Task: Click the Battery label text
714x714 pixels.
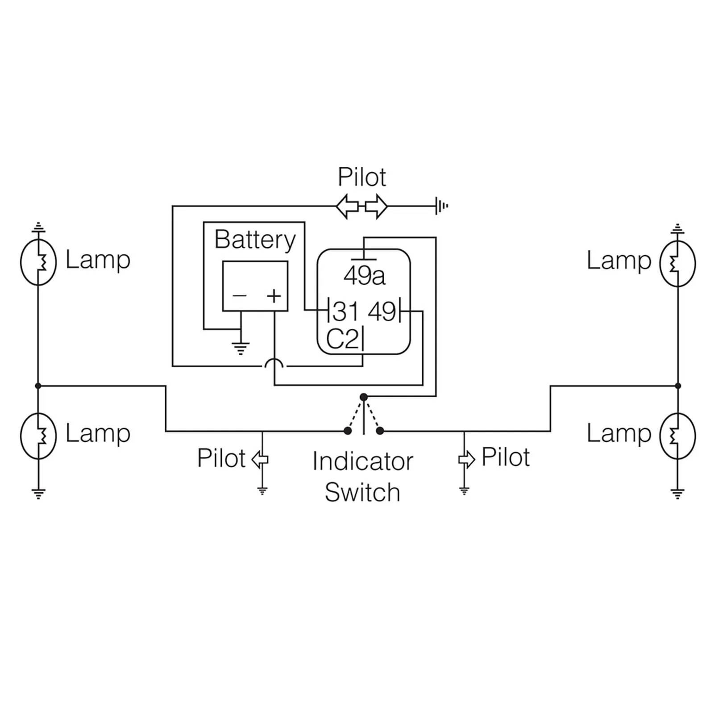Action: pos(255,241)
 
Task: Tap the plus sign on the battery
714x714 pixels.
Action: pos(274,296)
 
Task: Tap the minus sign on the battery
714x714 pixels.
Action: pos(240,295)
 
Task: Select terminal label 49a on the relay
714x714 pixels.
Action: pos(364,275)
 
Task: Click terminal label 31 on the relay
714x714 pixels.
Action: pos(345,311)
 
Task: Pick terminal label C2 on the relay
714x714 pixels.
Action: pos(342,339)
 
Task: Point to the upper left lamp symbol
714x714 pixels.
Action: pos(38,262)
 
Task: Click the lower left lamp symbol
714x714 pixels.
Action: pos(38,436)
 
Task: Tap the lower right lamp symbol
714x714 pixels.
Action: pos(677,436)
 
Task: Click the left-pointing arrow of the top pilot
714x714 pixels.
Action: pos(347,206)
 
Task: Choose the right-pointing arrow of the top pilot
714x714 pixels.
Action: pos(377,206)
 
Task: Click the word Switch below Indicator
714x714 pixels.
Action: pos(362,492)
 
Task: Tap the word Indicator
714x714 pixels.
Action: pos(362,461)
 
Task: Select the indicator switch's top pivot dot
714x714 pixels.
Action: pos(364,397)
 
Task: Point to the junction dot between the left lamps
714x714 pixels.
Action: pos(38,386)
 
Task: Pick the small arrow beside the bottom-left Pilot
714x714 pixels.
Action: pos(260,459)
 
